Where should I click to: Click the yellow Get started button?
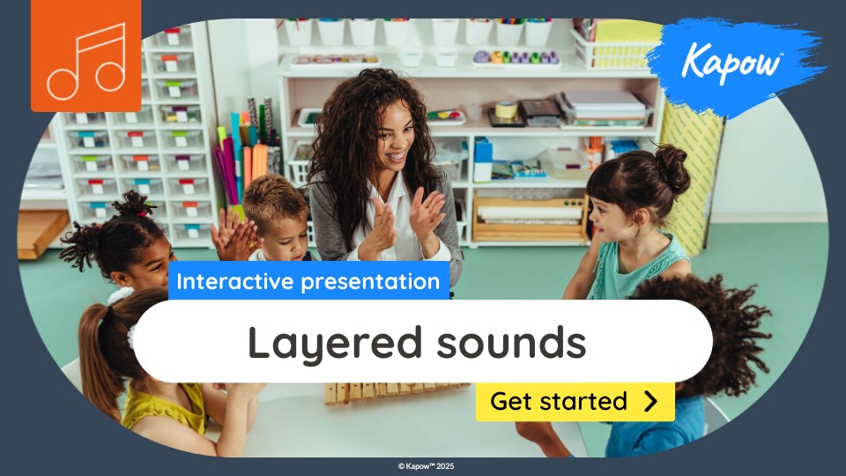point(575,402)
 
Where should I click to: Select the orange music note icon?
point(85,56)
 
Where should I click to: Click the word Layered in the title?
point(335,343)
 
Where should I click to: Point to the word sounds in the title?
point(511,342)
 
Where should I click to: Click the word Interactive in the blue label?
point(234,281)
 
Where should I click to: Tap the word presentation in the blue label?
point(370,282)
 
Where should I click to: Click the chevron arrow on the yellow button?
point(651,402)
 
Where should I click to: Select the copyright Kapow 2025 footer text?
point(427,466)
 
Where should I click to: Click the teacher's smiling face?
point(395,138)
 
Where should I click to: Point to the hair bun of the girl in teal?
point(672,167)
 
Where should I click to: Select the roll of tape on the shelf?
point(506,109)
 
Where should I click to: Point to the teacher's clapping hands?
point(404,221)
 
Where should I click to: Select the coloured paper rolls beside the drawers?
point(249,151)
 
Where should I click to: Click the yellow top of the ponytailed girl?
point(167,407)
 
